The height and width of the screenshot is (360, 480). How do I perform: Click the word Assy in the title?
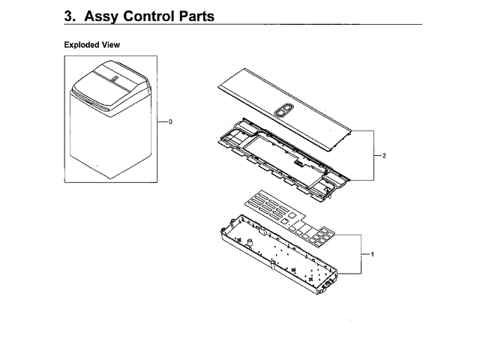(106, 16)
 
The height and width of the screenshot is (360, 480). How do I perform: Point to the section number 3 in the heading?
(69, 16)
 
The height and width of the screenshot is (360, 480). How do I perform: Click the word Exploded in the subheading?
(82, 45)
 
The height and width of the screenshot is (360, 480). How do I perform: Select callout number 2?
(383, 156)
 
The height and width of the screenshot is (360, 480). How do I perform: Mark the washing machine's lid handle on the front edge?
(94, 100)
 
